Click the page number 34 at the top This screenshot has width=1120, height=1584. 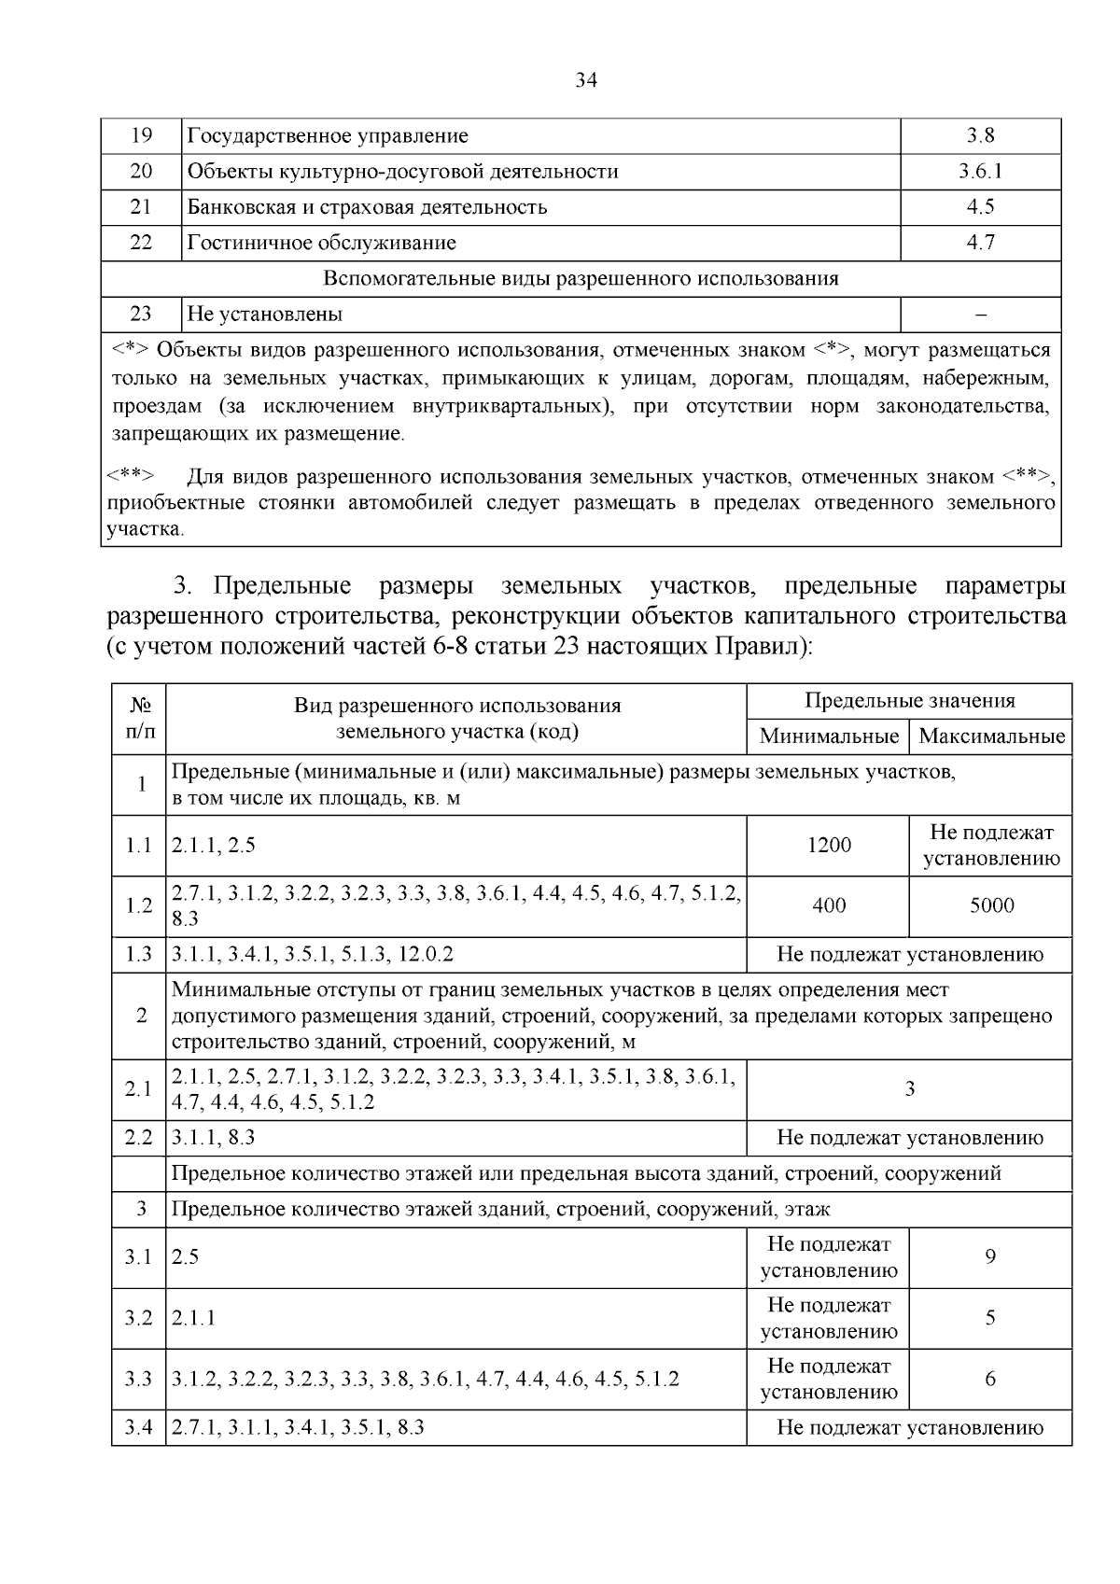tap(586, 80)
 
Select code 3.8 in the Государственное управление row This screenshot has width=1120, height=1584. tap(980, 135)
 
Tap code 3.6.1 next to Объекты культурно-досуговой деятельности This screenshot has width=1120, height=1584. tap(980, 171)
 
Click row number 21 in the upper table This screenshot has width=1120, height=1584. tap(141, 206)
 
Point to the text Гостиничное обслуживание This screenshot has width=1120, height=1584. tap(321, 243)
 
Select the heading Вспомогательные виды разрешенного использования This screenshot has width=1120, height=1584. tap(581, 278)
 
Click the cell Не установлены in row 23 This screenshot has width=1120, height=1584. tap(264, 314)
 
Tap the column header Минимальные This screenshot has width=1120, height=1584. tap(828, 736)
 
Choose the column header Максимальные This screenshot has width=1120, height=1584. tap(990, 736)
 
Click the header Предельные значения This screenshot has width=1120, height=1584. tap(909, 701)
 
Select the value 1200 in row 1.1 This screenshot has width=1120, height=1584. tap(829, 845)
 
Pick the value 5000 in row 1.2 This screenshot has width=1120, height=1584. tap(990, 904)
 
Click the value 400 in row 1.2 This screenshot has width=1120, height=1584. tap(829, 904)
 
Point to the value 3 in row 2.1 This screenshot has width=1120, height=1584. tap(909, 1088)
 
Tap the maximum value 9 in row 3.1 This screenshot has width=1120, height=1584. tap(990, 1256)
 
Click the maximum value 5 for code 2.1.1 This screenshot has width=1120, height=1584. tap(990, 1317)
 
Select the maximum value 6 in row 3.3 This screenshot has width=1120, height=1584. tap(990, 1379)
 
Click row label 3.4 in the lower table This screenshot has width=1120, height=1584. tap(138, 1427)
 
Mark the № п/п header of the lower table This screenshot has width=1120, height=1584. tap(139, 718)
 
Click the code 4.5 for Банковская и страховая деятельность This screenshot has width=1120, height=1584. tap(980, 206)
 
